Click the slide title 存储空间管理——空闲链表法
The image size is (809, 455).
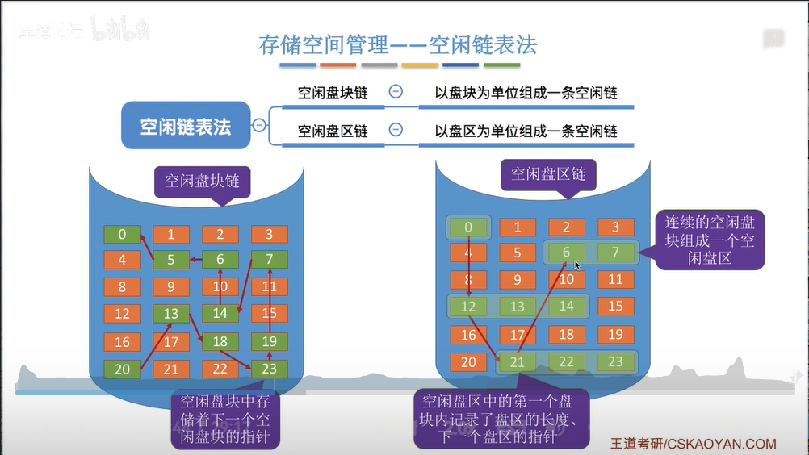397,44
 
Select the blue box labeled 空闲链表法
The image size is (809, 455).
186,126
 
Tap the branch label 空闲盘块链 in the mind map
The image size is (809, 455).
333,93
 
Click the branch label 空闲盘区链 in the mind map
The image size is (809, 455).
333,131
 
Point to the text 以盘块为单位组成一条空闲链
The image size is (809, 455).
526,93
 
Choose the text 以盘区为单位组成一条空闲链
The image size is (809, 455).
526,131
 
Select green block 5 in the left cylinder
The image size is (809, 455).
171,260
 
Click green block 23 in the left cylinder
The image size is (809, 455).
270,369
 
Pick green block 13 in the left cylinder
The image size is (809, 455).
171,314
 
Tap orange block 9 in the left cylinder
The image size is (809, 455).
171,286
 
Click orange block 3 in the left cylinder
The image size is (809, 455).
270,235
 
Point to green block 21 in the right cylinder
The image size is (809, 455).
517,361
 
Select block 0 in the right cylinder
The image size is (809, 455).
468,227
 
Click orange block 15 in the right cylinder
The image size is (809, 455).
616,307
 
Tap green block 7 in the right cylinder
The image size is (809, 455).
616,253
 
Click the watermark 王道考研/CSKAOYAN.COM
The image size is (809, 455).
692,444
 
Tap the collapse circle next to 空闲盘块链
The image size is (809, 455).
396,92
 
